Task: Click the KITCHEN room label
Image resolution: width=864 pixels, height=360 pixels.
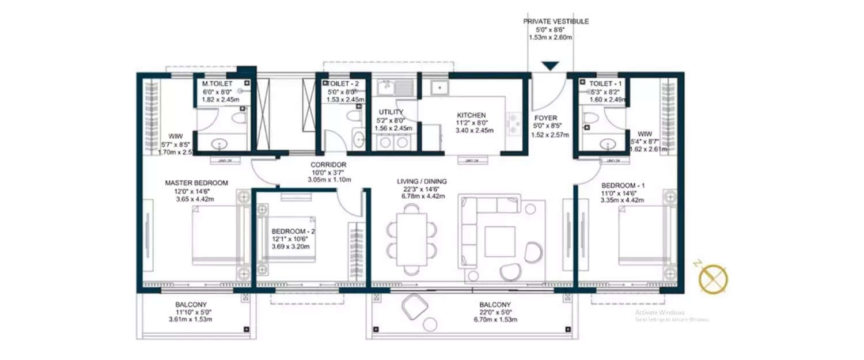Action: [472, 115]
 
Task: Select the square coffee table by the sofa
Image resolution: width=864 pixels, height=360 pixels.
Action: [499, 241]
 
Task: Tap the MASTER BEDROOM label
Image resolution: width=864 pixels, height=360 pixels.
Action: [196, 183]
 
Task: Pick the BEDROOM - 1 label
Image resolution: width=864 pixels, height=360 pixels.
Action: [623, 185]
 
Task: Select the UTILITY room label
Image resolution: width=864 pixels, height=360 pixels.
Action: [391, 112]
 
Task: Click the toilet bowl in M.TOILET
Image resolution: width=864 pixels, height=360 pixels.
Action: [238, 118]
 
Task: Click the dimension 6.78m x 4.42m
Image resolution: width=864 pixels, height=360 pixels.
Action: [422, 196]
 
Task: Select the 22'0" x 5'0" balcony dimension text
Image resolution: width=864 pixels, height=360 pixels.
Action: [495, 312]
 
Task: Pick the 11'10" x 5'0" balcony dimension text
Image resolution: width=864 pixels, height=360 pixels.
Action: [191, 312]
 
